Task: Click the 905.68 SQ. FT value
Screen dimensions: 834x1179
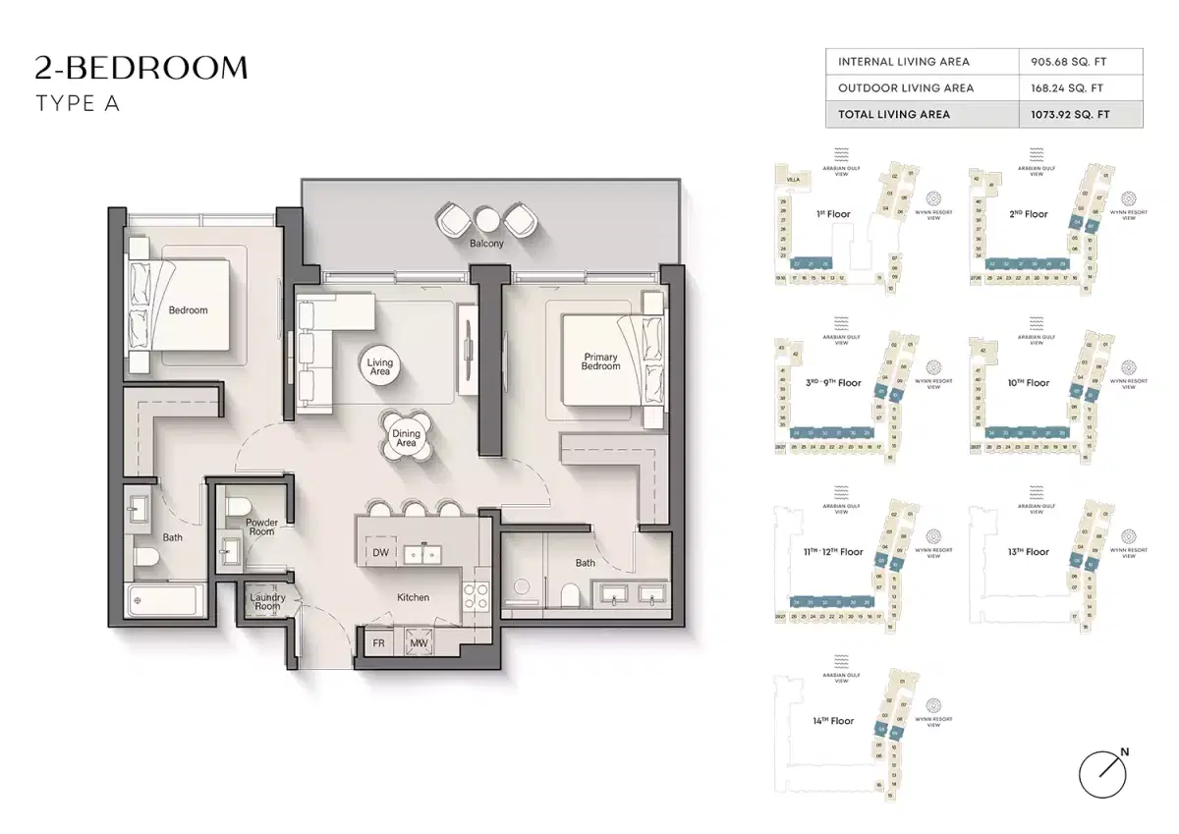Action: click(1070, 62)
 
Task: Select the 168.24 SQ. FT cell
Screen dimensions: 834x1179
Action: click(1070, 87)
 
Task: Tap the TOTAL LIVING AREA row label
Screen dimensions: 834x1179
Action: click(893, 114)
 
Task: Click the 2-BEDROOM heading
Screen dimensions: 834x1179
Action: click(140, 68)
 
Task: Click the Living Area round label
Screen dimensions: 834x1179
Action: click(380, 367)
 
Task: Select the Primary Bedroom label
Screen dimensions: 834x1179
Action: click(600, 361)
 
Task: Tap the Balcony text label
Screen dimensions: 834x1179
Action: click(486, 244)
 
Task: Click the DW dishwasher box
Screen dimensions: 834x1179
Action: click(380, 554)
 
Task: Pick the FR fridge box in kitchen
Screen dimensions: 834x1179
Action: click(378, 644)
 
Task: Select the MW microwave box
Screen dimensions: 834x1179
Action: click(418, 644)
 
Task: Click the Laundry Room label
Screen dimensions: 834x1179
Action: click(267, 601)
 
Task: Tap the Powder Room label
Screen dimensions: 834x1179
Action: click(261, 527)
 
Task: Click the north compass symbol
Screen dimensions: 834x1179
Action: click(1101, 773)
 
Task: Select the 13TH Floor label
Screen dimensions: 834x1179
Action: click(1029, 552)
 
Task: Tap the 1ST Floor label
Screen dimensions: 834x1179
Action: click(832, 213)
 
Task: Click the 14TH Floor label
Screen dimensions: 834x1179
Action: click(832, 721)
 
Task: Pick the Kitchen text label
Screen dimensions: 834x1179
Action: click(413, 597)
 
